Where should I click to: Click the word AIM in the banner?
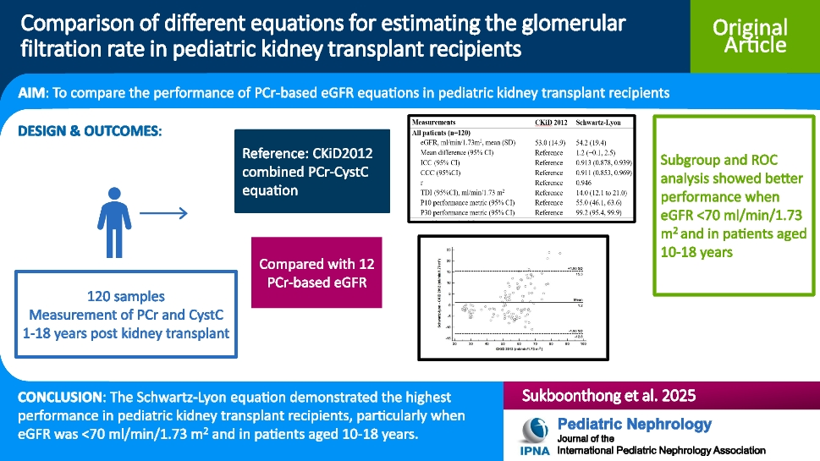click(x=33, y=93)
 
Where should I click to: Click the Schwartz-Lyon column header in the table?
click(x=605, y=122)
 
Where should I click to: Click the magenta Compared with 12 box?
click(x=316, y=273)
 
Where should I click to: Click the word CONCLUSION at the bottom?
click(x=58, y=397)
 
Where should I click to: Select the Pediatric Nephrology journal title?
click(x=635, y=424)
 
